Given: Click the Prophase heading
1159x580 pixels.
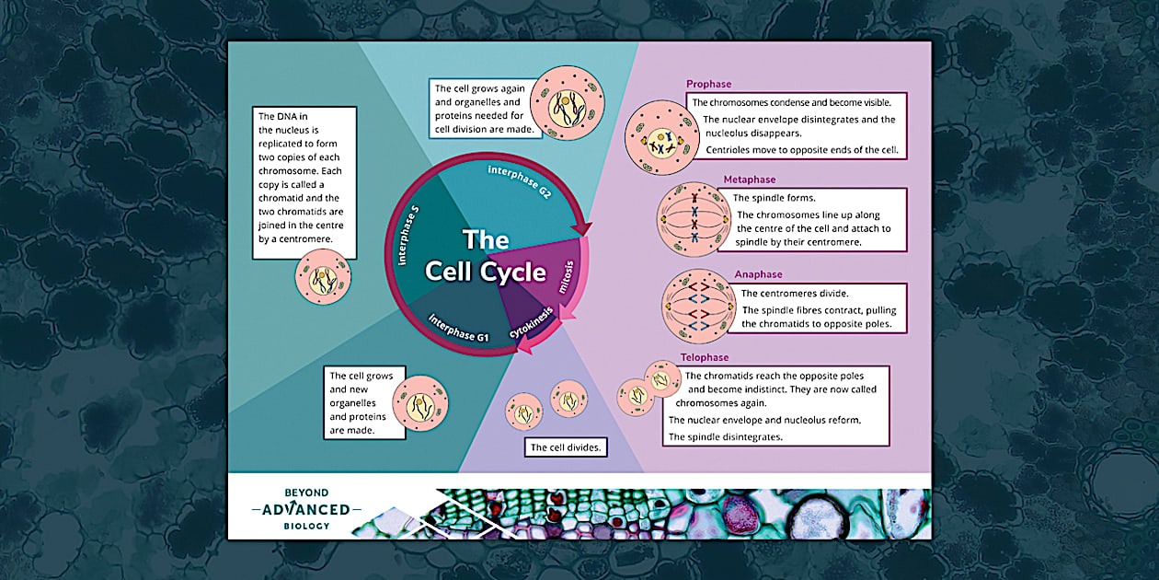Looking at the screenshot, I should pos(708,84).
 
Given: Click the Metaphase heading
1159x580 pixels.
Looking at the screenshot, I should pos(749,180).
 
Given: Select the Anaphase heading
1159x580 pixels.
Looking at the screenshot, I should pos(758,274).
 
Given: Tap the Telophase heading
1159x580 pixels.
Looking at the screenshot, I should pos(705,357).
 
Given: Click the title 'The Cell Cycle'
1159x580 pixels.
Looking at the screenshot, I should pos(485,256).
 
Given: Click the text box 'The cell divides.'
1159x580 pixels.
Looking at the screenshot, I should pos(567,448).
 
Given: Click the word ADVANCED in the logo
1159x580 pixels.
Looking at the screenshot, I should pos(306,510).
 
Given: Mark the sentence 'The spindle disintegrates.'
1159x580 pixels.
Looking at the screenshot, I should pos(725,436).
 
